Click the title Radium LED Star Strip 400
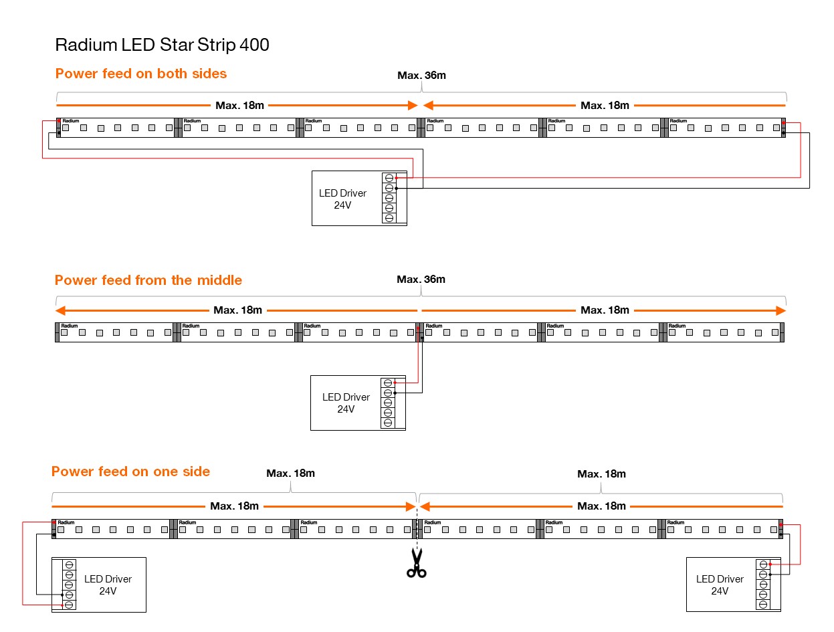162,45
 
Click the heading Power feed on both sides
141,74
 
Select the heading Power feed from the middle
148,280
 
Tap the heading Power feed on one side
130,471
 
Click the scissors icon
417,562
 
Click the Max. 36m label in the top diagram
421,76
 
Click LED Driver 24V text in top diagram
342,199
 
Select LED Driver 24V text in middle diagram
346,403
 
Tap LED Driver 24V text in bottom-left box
107,585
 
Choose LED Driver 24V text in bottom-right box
720,585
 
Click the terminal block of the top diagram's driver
389,198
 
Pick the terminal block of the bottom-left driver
69,585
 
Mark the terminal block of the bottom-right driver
763,585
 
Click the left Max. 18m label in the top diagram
239,105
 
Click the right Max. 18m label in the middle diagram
605,310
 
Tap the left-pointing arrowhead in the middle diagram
60,310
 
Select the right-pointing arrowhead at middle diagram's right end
780,310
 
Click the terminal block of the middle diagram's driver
388,403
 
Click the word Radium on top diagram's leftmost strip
70,121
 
